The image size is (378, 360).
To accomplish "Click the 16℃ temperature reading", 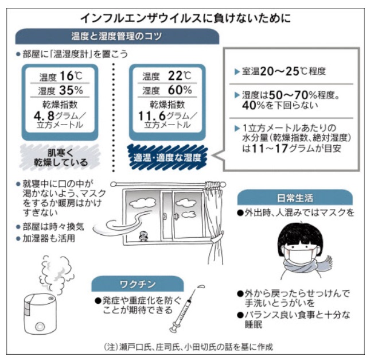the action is tap(71, 76).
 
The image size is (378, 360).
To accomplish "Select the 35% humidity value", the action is tap(71, 90).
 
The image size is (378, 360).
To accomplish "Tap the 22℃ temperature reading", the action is tap(180, 76).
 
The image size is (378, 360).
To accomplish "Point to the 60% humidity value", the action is tap(180, 90).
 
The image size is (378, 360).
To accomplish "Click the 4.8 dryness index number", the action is tap(44, 116).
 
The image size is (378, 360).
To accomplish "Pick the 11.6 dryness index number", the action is tap(152, 116).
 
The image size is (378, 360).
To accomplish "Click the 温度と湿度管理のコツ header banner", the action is tap(117, 36).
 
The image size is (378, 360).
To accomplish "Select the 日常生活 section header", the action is tap(295, 198).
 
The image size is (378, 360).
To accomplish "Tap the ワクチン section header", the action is tap(138, 284).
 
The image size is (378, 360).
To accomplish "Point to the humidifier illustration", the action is tap(40, 313).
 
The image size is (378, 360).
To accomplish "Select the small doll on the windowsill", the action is tap(143, 237).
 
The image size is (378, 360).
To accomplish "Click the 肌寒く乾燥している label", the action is tap(60, 157).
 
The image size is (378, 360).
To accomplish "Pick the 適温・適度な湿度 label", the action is tap(167, 157).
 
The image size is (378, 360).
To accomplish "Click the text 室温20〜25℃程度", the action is tap(283, 71).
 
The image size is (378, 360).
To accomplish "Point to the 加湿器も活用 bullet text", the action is tap(49, 238).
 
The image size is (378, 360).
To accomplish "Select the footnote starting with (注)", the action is tap(188, 347).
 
